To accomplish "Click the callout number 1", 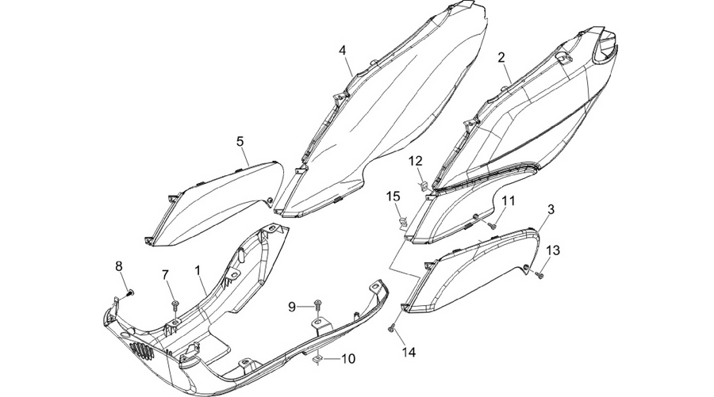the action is [198, 270].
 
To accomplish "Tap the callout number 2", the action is [501, 58].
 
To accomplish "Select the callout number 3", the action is [551, 210].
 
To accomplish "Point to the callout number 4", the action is [343, 51].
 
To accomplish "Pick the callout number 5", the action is [240, 141].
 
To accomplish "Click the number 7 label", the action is [165, 275].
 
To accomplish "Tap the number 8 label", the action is [119, 266].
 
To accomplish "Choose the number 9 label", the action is [292, 307].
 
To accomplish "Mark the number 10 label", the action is [348, 359].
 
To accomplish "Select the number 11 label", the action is [509, 200].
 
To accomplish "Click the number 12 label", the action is [415, 161].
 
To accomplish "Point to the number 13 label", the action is [553, 250].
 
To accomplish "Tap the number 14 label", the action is [409, 352].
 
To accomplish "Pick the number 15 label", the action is [393, 197].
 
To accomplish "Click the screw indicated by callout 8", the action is [130, 292].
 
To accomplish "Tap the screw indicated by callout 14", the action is [390, 327].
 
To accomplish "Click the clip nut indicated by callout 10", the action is [317, 360].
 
